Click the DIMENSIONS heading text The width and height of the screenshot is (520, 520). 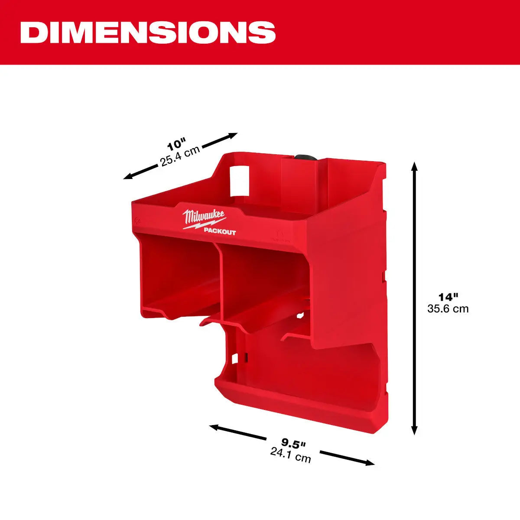148,32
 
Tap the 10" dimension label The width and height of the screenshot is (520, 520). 176,143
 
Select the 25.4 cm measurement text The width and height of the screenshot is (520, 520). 180,156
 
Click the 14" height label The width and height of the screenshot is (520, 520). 448,297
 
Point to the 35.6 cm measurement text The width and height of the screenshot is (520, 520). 448,309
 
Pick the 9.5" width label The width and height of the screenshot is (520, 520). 293,442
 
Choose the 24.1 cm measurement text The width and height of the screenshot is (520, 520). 290,455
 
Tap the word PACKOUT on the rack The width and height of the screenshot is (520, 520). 220,232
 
